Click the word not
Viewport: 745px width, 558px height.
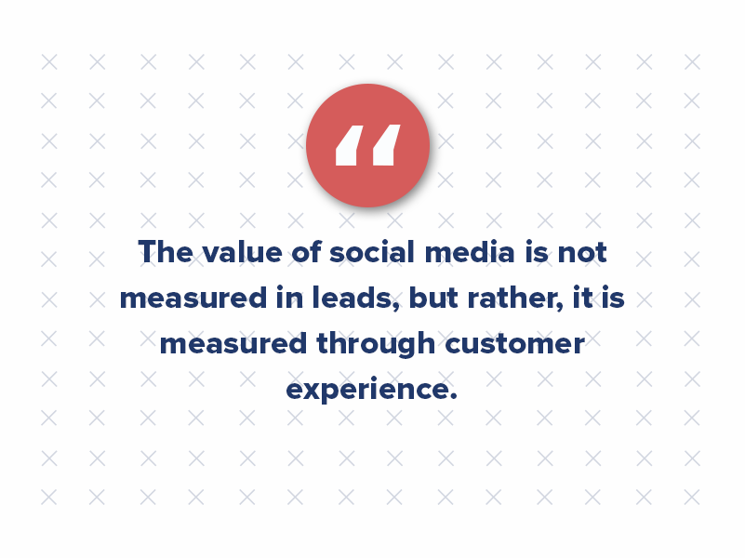(582, 252)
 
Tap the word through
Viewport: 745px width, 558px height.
(376, 344)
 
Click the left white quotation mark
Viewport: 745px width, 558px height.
(348, 145)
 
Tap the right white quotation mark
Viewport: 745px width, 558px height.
(387, 145)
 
